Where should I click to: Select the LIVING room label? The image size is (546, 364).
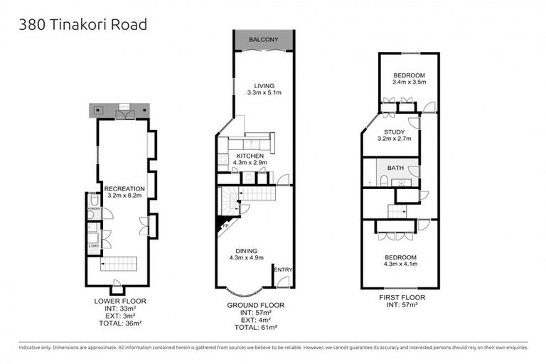tap(264, 85)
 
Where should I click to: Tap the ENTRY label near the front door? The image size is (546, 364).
tap(282, 269)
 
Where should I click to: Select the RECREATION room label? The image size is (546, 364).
tap(124, 188)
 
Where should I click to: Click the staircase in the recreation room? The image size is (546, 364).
tap(117, 264)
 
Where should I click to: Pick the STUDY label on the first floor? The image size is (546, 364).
tap(394, 132)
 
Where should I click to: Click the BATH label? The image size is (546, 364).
tap(394, 168)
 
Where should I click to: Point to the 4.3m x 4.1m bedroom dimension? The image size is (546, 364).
tap(401, 264)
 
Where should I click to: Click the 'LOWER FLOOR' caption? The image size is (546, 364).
tap(120, 301)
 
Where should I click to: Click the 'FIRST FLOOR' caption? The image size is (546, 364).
tap(402, 297)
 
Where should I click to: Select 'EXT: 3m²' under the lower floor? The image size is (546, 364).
tap(120, 316)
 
